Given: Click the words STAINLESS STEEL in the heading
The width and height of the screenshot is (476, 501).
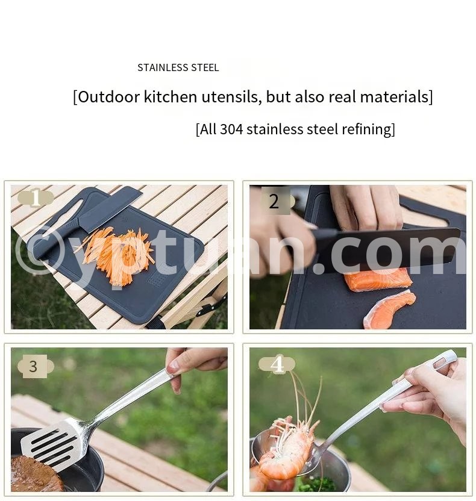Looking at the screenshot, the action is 178,67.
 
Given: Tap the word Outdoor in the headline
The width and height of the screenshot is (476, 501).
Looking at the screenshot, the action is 109,96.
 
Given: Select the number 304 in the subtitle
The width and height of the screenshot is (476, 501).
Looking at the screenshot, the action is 231,129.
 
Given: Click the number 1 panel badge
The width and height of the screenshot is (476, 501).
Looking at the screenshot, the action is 36,198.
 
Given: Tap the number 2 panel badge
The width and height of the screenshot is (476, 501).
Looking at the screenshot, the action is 275,201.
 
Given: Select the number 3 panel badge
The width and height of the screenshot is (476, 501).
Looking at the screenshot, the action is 35,367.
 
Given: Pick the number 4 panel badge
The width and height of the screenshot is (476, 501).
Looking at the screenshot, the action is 277,364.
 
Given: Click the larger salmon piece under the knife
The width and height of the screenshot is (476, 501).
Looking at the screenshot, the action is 378,279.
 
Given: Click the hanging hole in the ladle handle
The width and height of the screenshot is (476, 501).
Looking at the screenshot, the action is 439,363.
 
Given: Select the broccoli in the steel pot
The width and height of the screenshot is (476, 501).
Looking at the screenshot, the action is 315,485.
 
